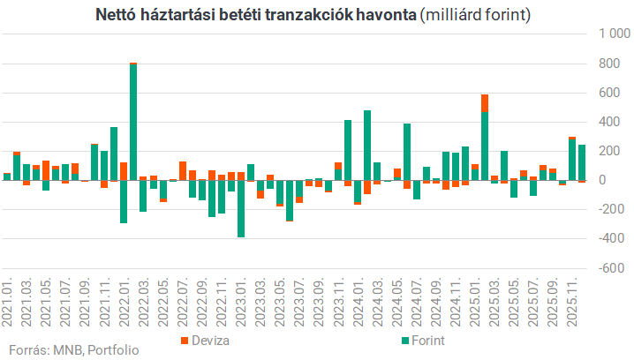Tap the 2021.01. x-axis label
(8, 299)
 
